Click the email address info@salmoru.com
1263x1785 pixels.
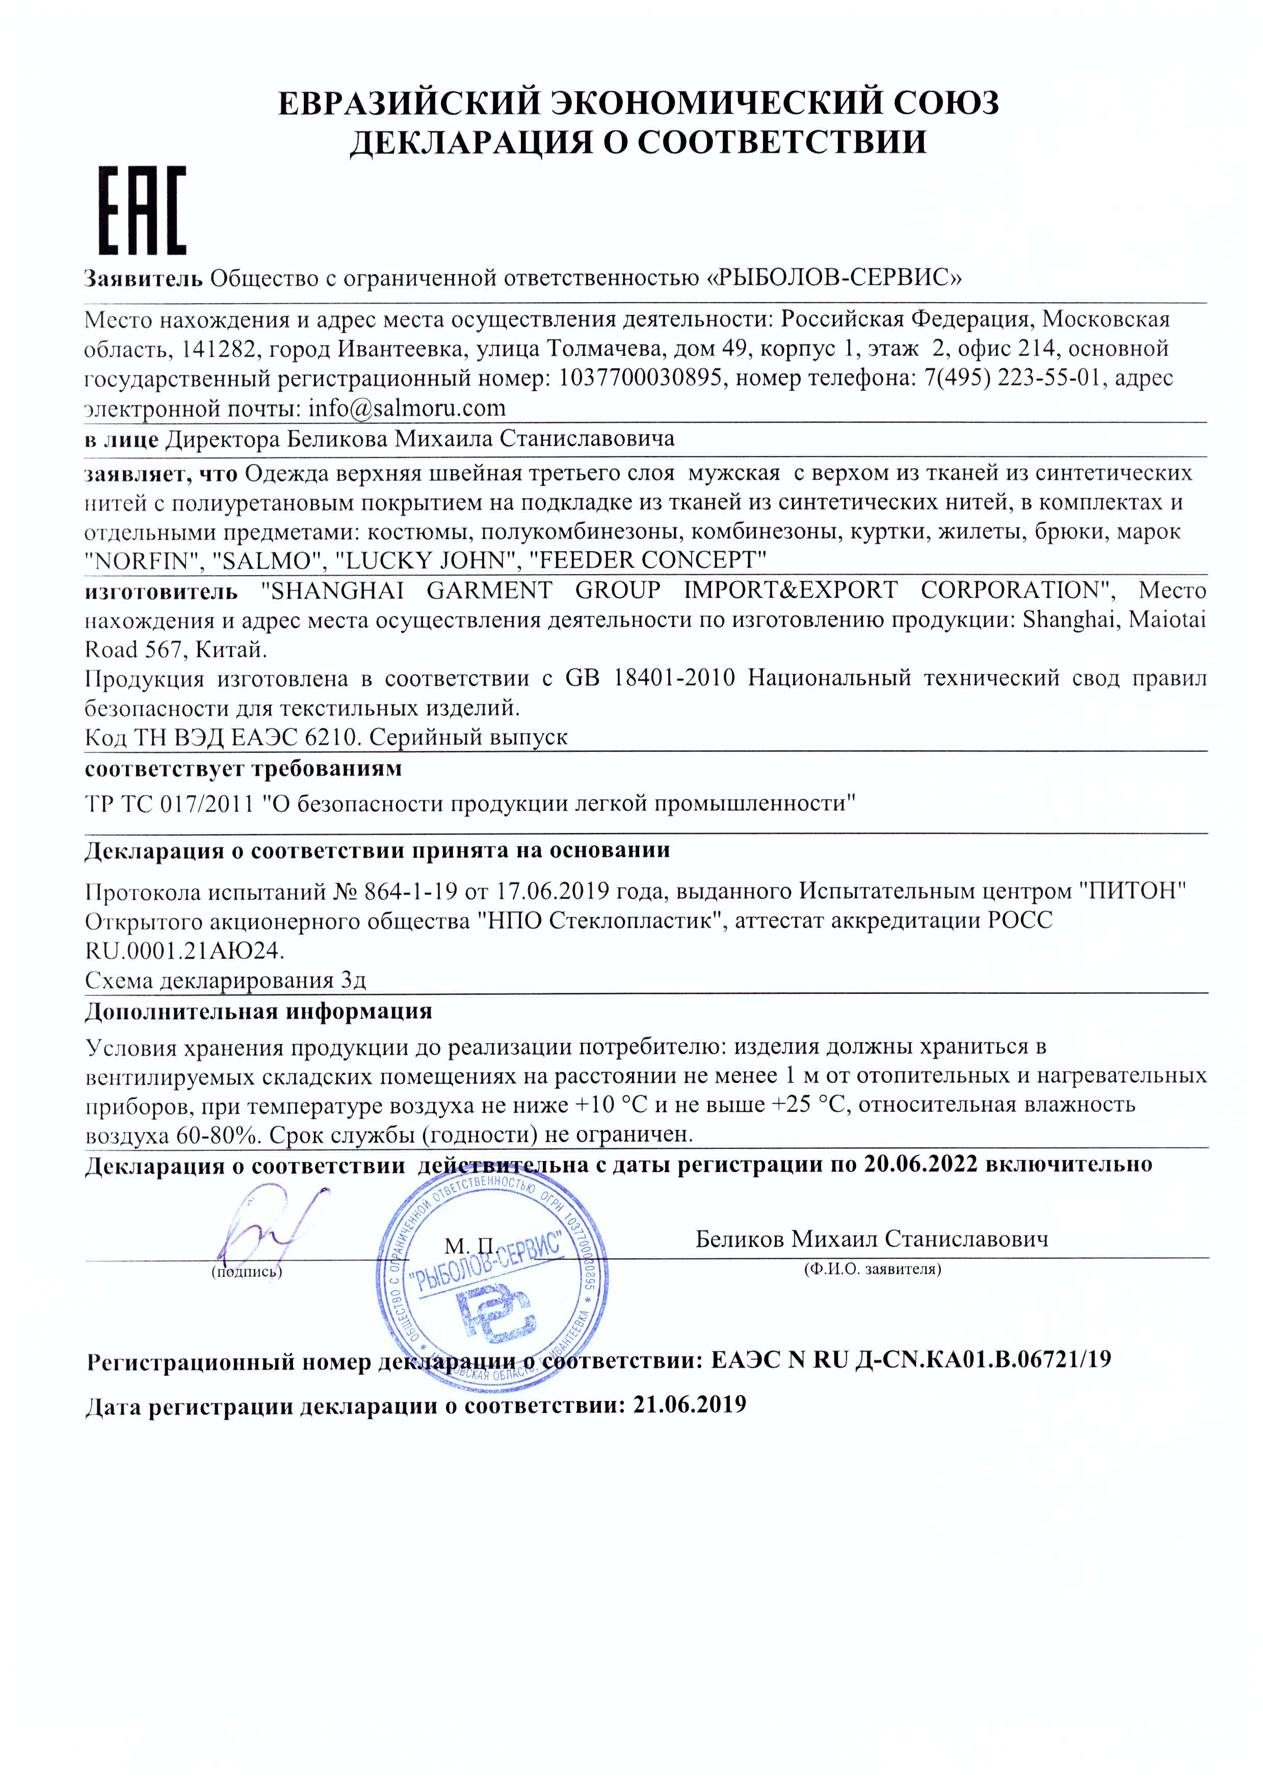coord(407,408)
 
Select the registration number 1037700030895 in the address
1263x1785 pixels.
coord(640,378)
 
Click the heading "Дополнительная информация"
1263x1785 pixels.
coord(258,1011)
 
